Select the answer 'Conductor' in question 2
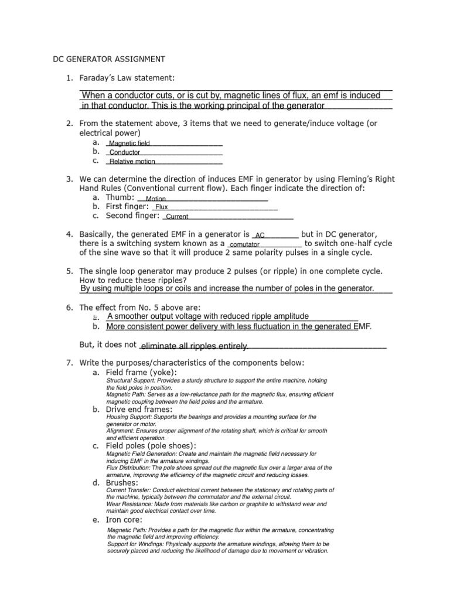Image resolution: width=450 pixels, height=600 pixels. [125, 152]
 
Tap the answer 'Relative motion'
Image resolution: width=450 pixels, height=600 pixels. [132, 162]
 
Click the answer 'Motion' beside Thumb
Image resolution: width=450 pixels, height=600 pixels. [156, 199]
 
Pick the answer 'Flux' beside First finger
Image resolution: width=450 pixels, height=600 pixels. [162, 207]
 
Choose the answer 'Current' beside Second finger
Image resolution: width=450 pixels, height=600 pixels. [177, 217]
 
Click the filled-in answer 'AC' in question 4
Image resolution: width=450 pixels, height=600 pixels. [260, 235]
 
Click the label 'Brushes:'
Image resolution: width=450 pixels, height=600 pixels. [122, 482]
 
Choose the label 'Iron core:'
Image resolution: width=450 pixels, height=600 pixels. [124, 519]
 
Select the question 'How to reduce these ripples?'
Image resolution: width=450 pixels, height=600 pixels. [133, 280]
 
